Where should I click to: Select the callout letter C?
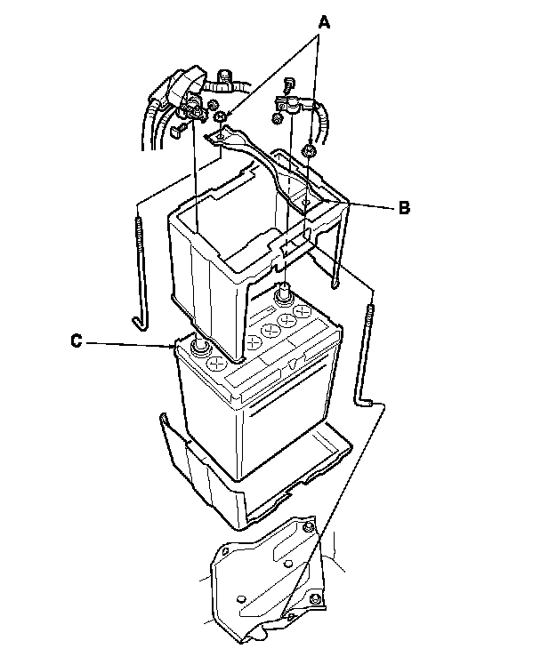(x=78, y=341)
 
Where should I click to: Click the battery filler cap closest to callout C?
(x=216, y=363)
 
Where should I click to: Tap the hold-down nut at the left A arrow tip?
(x=220, y=117)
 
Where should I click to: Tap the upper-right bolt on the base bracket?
(x=308, y=530)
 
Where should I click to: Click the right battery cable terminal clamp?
(x=292, y=108)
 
